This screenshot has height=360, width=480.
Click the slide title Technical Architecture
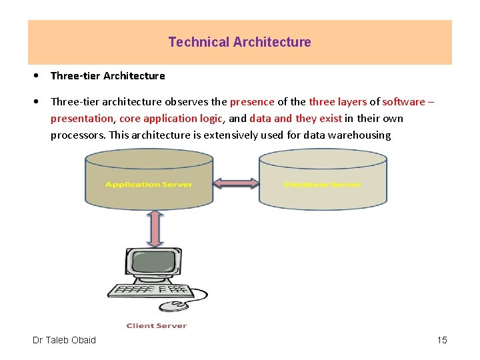coord(239,42)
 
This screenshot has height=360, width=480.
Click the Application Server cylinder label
coord(149,185)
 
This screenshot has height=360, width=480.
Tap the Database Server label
coord(323,185)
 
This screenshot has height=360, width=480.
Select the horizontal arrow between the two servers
coord(236,183)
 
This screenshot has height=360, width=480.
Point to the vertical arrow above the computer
coord(155,228)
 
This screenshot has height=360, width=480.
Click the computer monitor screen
coord(153,262)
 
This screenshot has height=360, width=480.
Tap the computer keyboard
coord(151,291)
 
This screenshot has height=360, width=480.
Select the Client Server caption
coord(157,326)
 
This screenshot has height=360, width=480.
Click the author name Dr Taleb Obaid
coord(64,340)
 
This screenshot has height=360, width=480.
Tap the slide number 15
coord(442,340)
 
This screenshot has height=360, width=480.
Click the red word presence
coord(252,102)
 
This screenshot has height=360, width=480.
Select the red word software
coord(403,102)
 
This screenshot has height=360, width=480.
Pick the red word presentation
coord(82,119)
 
